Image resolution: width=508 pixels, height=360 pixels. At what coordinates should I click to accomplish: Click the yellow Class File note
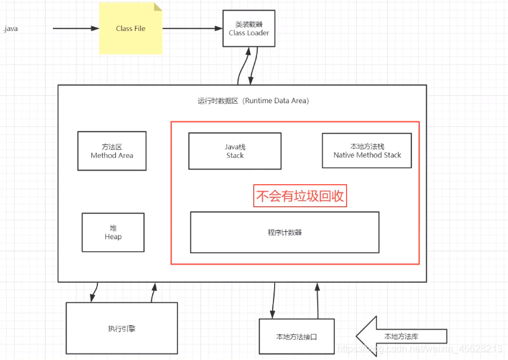[131, 29]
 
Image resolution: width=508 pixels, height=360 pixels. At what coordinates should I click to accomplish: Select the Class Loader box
[249, 29]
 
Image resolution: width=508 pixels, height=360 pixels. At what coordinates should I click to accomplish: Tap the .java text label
[10, 29]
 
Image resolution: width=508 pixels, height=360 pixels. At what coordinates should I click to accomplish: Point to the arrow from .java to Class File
[75, 29]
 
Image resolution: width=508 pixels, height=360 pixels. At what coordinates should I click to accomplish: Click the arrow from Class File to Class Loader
[192, 29]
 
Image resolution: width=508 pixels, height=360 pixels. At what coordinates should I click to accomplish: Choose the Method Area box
[112, 151]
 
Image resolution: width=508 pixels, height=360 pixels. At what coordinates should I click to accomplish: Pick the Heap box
[113, 232]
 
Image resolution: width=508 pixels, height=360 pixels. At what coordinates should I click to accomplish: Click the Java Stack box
[235, 151]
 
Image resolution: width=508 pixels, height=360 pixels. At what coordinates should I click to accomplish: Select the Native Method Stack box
[367, 151]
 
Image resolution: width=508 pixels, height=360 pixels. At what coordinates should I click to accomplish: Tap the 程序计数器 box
[284, 233]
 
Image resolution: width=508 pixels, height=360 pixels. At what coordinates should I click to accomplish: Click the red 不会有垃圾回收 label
[300, 196]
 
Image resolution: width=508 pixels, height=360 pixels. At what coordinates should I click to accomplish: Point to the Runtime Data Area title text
[253, 101]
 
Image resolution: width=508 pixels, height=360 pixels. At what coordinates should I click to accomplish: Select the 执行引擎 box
[122, 328]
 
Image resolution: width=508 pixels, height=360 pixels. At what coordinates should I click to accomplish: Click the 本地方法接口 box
[297, 336]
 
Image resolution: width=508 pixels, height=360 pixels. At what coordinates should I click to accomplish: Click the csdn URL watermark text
[419, 350]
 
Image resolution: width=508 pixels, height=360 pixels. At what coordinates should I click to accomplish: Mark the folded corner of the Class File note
[157, 7]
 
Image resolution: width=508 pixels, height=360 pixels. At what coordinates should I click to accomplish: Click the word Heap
[113, 237]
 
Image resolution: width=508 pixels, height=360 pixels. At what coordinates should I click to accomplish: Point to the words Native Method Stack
[367, 155]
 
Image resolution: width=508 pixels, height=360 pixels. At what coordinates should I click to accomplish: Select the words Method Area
[112, 155]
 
